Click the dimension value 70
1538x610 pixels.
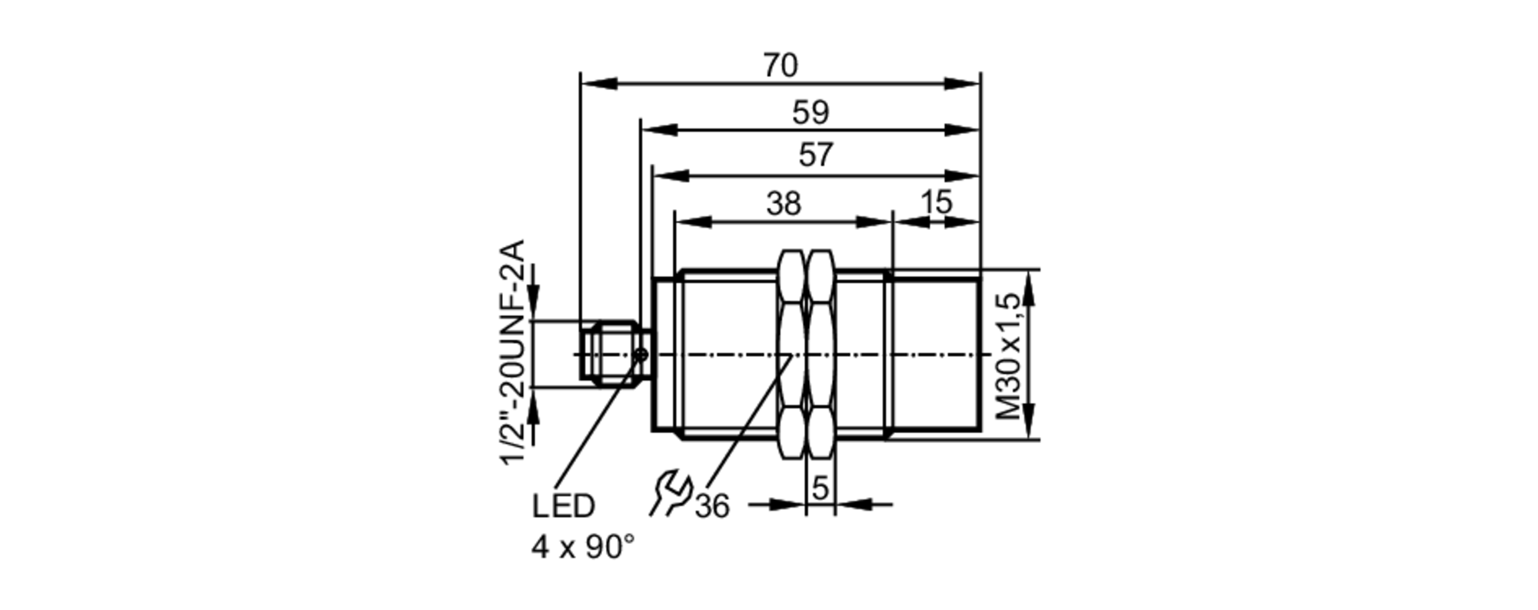(x=781, y=65)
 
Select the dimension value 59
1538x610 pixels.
(x=811, y=113)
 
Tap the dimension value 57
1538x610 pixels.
(x=815, y=155)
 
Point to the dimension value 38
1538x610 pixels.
(x=784, y=204)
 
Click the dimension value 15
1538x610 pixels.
(x=936, y=202)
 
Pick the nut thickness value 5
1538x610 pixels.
(x=821, y=488)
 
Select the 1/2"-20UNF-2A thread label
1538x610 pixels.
(x=513, y=352)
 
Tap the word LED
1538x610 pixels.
(x=563, y=506)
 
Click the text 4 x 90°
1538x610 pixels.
(x=582, y=548)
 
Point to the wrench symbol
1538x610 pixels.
(x=670, y=492)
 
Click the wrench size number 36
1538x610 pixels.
(x=712, y=507)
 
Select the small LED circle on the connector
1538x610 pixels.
(x=640, y=354)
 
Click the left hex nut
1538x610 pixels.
(x=793, y=354)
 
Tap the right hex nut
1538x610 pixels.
(x=821, y=354)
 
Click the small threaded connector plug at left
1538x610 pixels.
(x=608, y=354)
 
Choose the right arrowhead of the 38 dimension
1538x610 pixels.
(x=874, y=222)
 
